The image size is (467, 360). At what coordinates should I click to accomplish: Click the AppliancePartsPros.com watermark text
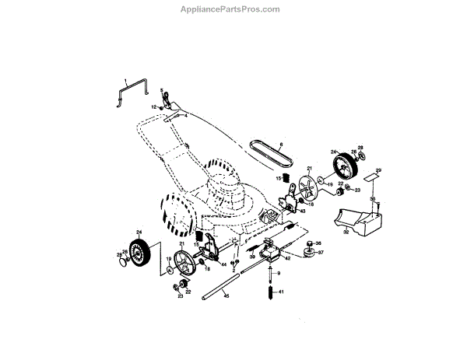coord(234,9)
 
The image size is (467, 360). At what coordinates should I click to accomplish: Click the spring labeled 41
coord(269,292)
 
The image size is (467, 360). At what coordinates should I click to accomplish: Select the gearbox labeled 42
coord(272,250)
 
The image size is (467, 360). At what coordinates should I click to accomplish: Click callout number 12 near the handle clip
coord(153,106)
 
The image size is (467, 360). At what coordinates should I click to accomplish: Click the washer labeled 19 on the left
coord(169,269)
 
